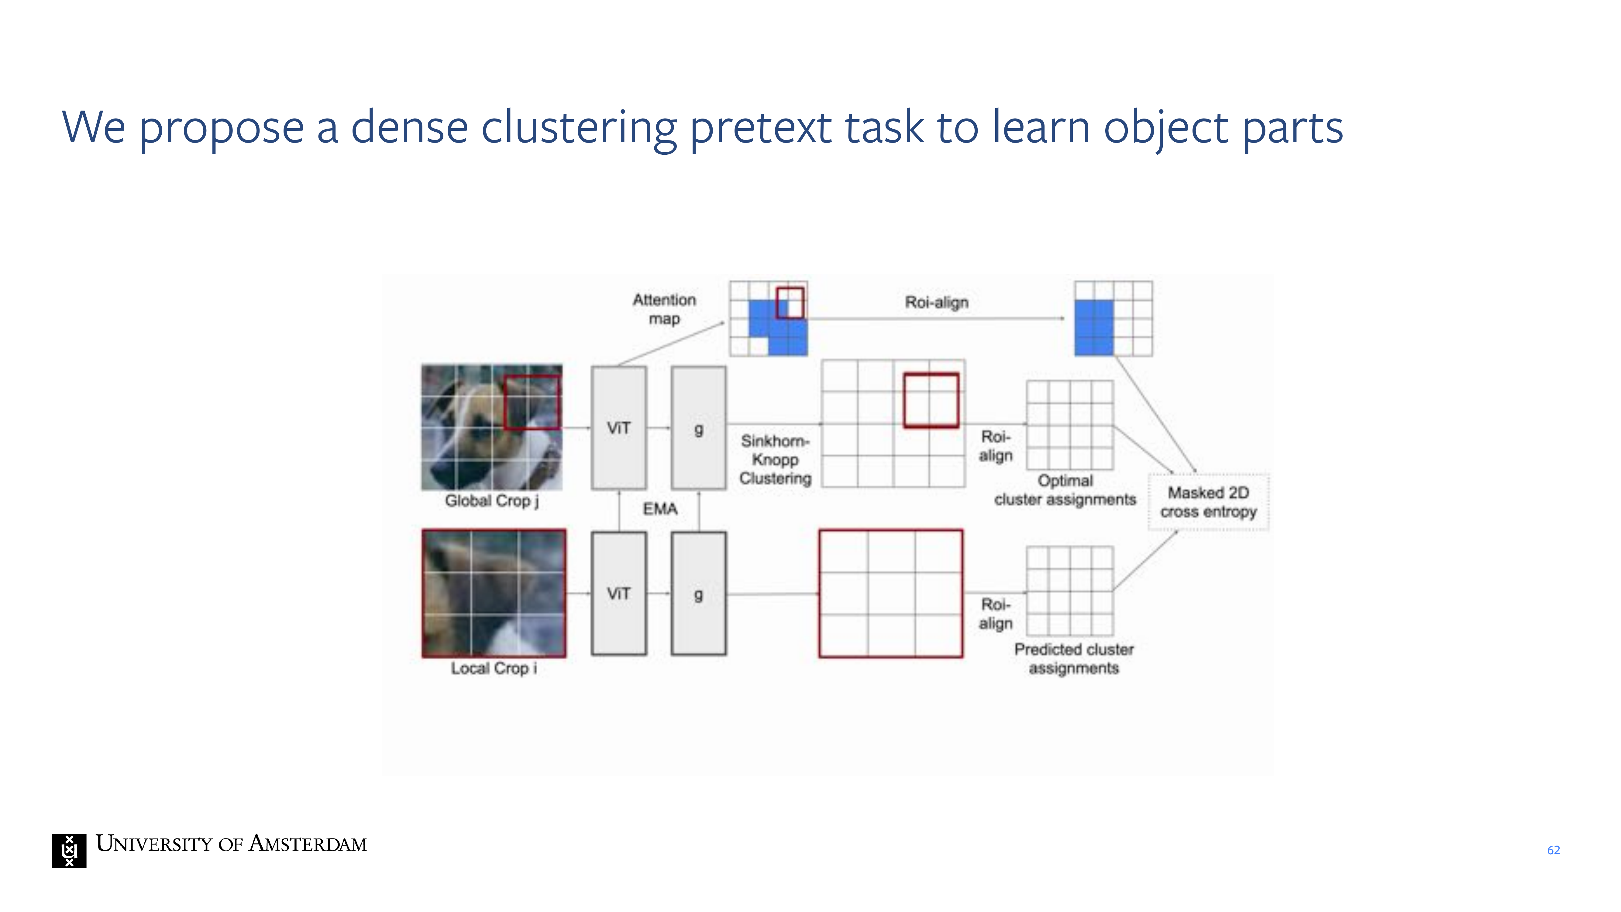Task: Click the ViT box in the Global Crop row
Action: pyautogui.click(x=618, y=428)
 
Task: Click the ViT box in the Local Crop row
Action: pyautogui.click(x=618, y=593)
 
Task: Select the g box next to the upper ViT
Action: pyautogui.click(x=698, y=428)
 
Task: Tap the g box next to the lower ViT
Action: pyautogui.click(x=698, y=593)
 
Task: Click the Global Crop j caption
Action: pyautogui.click(x=491, y=501)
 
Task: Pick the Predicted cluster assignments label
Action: pyautogui.click(x=1074, y=658)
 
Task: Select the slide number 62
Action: pyautogui.click(x=1553, y=850)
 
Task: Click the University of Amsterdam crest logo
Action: pyautogui.click(x=69, y=851)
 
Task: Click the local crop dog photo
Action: pyautogui.click(x=494, y=593)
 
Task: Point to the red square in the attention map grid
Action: pyautogui.click(x=790, y=303)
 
